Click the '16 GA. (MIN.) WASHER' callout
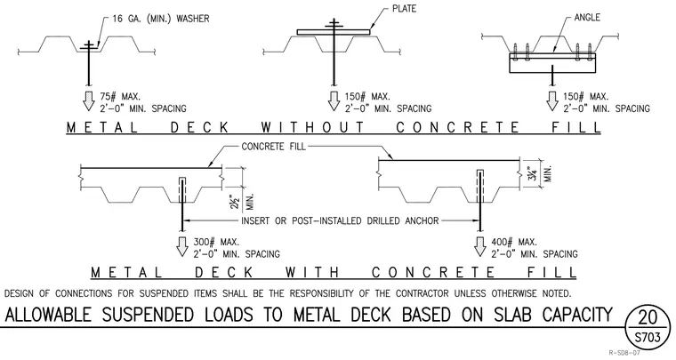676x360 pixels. coord(161,19)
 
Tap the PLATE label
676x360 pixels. coord(404,9)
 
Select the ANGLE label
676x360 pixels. coord(587,18)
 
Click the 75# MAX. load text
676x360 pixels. coord(120,97)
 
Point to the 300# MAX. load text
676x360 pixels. coord(216,243)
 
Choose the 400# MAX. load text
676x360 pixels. coord(514,243)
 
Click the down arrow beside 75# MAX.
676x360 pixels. coord(89,100)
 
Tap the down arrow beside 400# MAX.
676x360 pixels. coord(479,246)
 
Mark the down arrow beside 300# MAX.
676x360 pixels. coord(182,246)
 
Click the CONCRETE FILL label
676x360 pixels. coord(273,147)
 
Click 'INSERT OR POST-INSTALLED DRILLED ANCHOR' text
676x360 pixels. coord(340,221)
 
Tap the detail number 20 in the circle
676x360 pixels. coord(648,317)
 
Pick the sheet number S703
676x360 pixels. coord(648,337)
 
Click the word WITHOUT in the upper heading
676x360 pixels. coord(313,127)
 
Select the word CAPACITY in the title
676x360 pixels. coord(577,315)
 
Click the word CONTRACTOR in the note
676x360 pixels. coord(422,293)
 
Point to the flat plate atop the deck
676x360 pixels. coord(334,32)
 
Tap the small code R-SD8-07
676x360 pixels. coord(624,353)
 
